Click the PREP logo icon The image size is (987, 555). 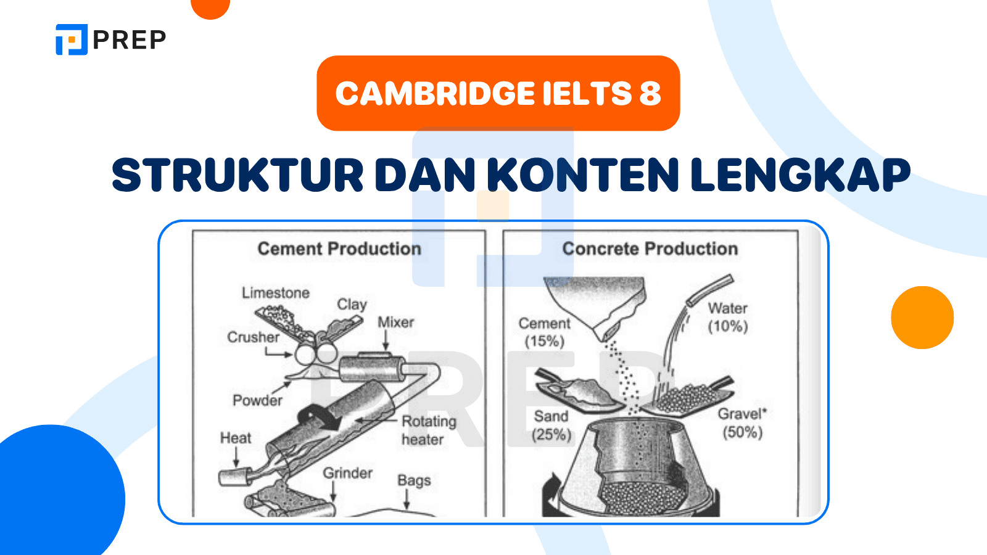pos(72,39)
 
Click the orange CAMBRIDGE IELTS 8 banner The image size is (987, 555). pos(498,93)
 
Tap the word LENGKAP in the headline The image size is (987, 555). pos(801,175)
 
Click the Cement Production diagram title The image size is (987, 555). pos(339,249)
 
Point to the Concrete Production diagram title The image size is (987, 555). pos(650,249)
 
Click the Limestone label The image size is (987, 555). pos(276,293)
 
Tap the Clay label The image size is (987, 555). pos(352,304)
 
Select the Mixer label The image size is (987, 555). pos(395,322)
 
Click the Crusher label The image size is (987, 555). pos(253,337)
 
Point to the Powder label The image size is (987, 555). pos(257,400)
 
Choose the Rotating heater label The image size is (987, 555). pos(428,430)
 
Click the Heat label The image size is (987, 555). pos(236,438)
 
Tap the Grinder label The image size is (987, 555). pos(348,473)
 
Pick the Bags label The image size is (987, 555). pos(414,480)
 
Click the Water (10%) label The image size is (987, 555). pos(728,317)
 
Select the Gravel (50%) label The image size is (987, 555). pos(742,422)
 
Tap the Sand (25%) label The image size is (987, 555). pos(551,425)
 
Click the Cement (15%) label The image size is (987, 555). pos(544,332)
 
